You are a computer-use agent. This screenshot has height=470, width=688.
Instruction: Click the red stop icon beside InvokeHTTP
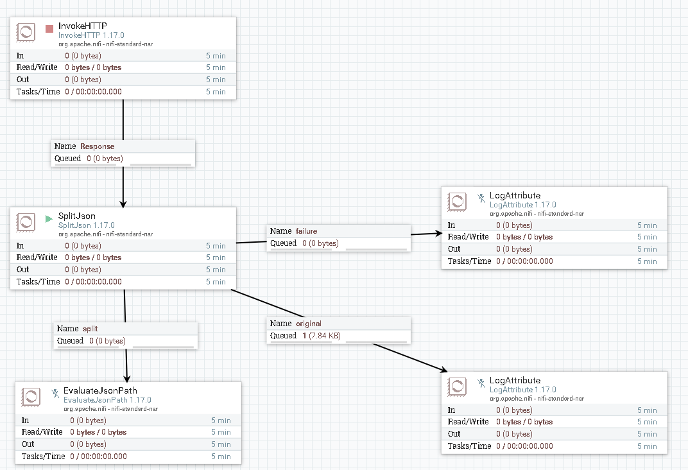(x=49, y=29)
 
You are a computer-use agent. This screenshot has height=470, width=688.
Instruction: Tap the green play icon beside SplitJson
(x=49, y=218)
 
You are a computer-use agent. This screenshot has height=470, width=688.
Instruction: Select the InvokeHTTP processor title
(x=82, y=26)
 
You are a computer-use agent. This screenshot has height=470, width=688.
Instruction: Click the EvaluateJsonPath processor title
(x=99, y=390)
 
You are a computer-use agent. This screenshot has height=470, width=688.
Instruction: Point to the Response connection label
(x=97, y=146)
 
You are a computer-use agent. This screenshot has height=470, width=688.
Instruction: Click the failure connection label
(x=306, y=231)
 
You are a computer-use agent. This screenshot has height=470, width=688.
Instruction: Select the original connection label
(x=308, y=324)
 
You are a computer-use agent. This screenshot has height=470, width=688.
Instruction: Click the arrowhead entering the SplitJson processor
(x=123, y=202)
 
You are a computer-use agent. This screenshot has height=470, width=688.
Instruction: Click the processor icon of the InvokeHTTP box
(x=26, y=32)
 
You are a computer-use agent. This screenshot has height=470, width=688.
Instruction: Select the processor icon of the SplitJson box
(x=26, y=222)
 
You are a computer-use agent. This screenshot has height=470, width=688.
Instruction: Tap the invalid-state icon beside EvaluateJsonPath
(x=55, y=393)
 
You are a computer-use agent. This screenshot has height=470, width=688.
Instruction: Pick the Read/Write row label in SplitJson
(x=37, y=257)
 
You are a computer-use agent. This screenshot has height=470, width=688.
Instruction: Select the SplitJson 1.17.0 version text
(x=86, y=225)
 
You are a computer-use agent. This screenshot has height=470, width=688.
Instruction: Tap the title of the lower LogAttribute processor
(x=515, y=380)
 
